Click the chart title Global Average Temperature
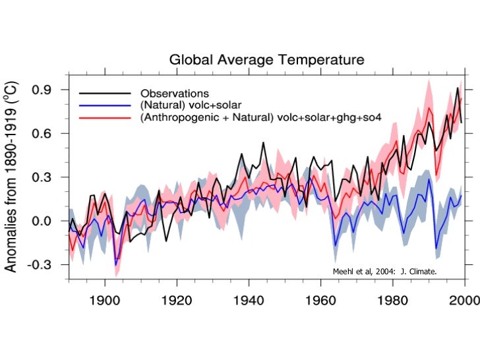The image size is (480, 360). coord(266,59)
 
